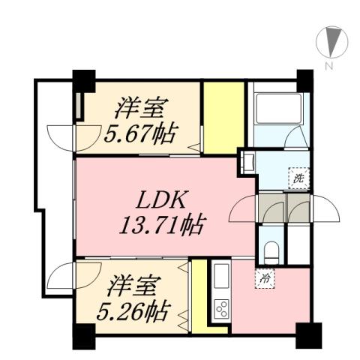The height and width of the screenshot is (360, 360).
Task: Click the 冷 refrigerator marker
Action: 265,277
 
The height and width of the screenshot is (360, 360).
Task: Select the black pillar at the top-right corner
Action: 304,78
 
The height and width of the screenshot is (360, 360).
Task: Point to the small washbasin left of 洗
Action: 247,160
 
